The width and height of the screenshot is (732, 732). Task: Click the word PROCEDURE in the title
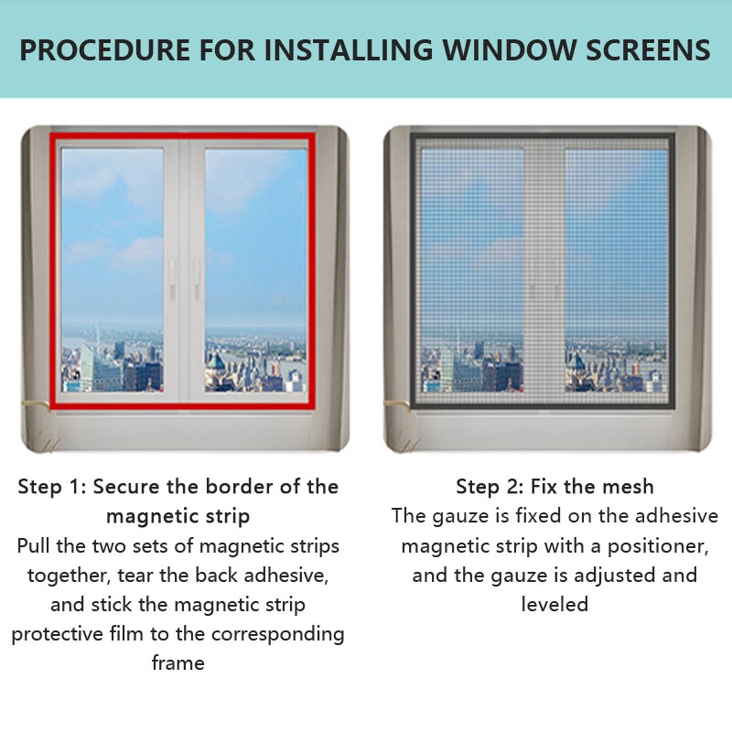[x=105, y=50]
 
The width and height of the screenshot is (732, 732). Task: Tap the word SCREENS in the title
[x=648, y=50]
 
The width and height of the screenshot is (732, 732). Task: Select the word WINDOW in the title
[x=510, y=50]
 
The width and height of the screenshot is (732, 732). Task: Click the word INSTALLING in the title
[x=350, y=50]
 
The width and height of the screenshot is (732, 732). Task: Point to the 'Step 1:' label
[x=52, y=487]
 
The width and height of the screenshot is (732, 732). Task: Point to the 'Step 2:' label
[x=490, y=487]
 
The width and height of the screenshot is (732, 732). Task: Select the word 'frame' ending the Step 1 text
[x=178, y=662]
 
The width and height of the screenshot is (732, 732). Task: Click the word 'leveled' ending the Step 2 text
[x=554, y=604]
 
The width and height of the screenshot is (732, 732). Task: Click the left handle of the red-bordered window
[x=172, y=278]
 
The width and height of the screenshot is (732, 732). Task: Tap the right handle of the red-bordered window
[x=197, y=278]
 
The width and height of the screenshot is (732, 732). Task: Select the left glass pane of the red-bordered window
[x=113, y=270]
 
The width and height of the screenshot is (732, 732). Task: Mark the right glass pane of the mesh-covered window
[x=616, y=271]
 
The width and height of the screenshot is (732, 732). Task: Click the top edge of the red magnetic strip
[x=182, y=136]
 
